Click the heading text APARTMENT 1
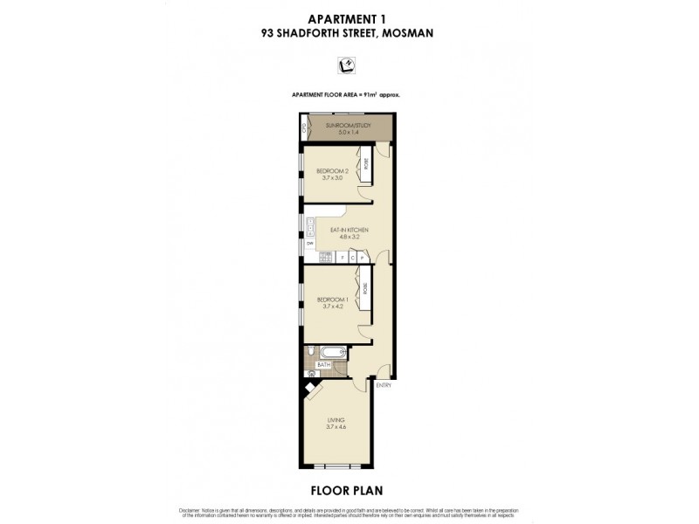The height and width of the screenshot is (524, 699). click(x=348, y=17)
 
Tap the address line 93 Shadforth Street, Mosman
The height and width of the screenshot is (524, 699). click(x=348, y=33)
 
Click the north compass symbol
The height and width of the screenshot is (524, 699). click(x=347, y=65)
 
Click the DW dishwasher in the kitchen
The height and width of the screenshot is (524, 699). click(x=309, y=244)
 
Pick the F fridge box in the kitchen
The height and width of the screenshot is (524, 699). click(x=343, y=258)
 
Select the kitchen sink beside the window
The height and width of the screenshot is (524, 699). click(x=309, y=229)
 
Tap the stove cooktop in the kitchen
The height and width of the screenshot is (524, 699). click(x=325, y=258)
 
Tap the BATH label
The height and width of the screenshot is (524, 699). click(x=323, y=365)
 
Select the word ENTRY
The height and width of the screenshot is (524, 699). click(x=383, y=385)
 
